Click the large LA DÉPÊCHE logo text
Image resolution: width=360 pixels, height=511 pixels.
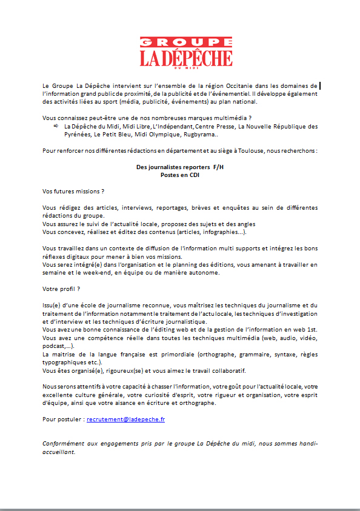(186, 58)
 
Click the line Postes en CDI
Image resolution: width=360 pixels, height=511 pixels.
(179, 175)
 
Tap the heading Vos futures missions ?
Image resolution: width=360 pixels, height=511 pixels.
(69, 191)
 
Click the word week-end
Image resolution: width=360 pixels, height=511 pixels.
(101, 273)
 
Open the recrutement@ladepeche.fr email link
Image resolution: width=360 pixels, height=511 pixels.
(125, 419)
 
